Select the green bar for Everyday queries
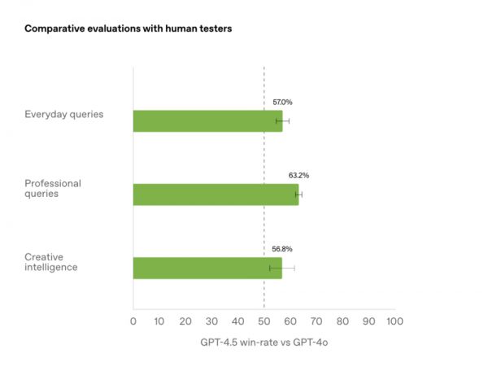207,120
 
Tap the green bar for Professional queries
216,194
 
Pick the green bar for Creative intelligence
207,268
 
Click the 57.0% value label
282,102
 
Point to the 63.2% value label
298,175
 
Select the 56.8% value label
281,248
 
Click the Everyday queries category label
64,114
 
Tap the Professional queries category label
53,189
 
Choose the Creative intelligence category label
51,262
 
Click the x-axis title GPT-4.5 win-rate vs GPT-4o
264,343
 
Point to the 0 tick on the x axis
133,321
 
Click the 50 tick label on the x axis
264,321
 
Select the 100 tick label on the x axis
395,321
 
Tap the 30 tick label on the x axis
211,321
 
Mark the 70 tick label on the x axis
316,321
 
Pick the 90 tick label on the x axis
369,321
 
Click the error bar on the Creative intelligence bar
282,268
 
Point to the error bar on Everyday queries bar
283,120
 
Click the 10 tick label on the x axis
159,321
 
